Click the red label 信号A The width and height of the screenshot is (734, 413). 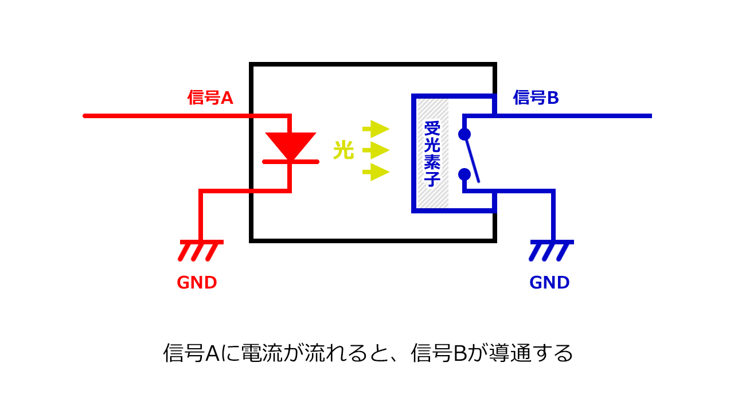210,98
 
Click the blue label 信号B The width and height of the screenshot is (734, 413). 536,98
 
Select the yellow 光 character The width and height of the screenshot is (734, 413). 343,151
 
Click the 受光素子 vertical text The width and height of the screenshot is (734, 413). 432,154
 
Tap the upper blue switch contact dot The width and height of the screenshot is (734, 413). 464,135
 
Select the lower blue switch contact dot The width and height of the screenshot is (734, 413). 464,174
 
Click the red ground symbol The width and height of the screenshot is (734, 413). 200,250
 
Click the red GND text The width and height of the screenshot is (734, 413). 197,283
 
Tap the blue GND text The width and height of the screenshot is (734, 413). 549,283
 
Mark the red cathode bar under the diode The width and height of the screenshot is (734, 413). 291,162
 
